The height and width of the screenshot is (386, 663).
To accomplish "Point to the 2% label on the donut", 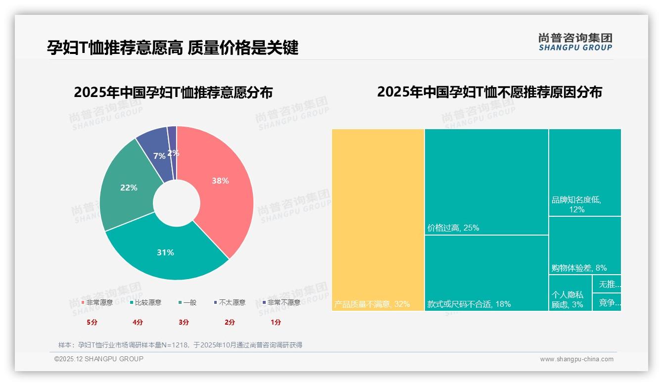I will click(x=173, y=153).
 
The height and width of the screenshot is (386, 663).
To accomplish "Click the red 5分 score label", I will click(x=92, y=322).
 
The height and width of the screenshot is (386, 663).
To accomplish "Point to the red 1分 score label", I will click(x=276, y=322).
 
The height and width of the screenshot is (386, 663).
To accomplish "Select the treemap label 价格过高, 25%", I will click(x=453, y=228).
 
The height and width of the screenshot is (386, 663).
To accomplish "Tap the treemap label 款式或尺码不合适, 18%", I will click(x=469, y=304).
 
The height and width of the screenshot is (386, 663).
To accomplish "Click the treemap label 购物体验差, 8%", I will click(x=578, y=268).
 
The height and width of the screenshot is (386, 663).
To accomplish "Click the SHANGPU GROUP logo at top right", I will click(x=575, y=42).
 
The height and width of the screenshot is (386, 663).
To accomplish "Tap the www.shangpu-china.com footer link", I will click(x=576, y=359).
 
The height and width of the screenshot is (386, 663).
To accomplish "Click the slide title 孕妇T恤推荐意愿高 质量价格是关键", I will click(x=173, y=48).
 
